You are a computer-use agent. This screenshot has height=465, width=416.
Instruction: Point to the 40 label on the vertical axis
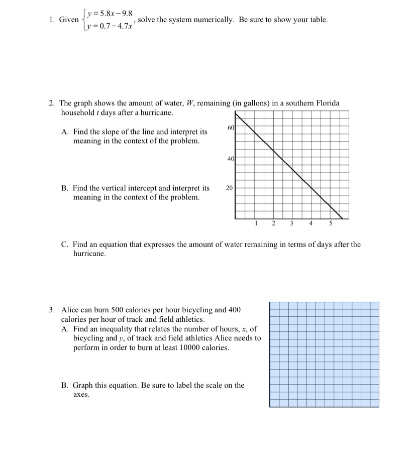230,159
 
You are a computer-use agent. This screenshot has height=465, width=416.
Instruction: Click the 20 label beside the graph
229,188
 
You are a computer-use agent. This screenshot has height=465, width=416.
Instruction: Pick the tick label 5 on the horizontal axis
330,224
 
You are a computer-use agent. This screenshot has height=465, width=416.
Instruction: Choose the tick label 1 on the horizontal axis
256,224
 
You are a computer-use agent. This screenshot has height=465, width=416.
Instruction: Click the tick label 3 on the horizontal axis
292,224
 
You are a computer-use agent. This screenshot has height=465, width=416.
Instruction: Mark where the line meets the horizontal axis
342,219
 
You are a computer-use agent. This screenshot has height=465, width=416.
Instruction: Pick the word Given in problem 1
69,20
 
